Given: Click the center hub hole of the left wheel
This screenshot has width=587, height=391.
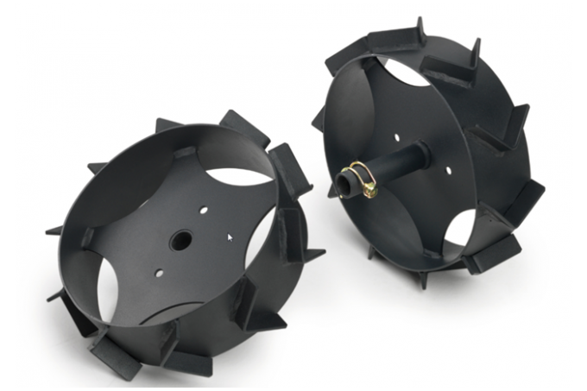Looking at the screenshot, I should pyautogui.click(x=180, y=241).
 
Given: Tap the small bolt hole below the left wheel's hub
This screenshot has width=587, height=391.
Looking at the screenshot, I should pyautogui.click(x=159, y=274).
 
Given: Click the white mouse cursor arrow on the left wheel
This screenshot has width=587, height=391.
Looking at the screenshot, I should pyautogui.click(x=230, y=234).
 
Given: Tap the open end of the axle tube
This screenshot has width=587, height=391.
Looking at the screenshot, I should pyautogui.click(x=345, y=184).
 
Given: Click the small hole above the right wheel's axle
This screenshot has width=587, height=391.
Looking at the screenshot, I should pyautogui.click(x=396, y=136).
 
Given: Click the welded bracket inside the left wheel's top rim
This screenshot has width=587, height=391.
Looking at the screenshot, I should pyautogui.click(x=185, y=152).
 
